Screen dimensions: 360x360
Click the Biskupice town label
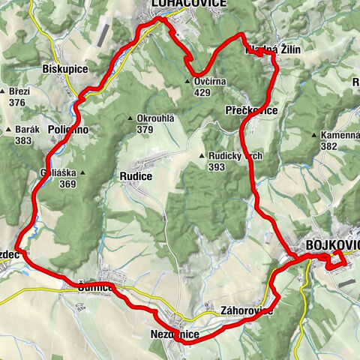point(66,69)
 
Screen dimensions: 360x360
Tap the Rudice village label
point(135,176)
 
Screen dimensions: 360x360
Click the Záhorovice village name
point(247,310)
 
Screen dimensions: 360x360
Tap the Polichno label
point(67,130)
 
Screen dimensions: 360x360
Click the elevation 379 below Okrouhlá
point(145,129)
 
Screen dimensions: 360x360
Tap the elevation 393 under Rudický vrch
point(217,167)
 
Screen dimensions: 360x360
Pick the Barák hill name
point(27,129)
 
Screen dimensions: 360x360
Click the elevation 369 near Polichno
point(68,184)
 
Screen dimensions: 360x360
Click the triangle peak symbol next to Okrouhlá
point(131,118)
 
